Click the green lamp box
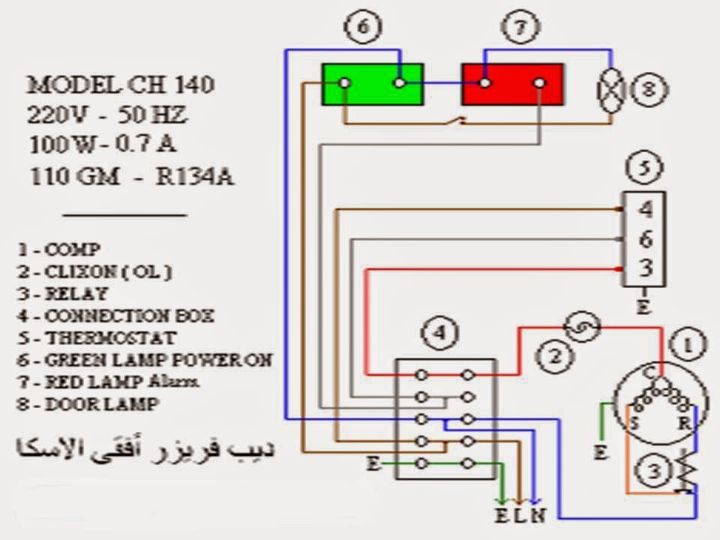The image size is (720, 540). (x=373, y=83)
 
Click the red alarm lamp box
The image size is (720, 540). (x=512, y=83)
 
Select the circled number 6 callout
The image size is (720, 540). (x=363, y=28)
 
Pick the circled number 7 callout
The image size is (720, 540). (x=516, y=28)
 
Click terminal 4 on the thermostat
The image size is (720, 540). (x=646, y=209)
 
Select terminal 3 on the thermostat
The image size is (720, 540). (x=646, y=268)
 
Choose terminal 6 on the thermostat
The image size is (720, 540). (x=646, y=238)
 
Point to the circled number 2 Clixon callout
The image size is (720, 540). (x=553, y=358)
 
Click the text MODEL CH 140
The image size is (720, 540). (x=121, y=85)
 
